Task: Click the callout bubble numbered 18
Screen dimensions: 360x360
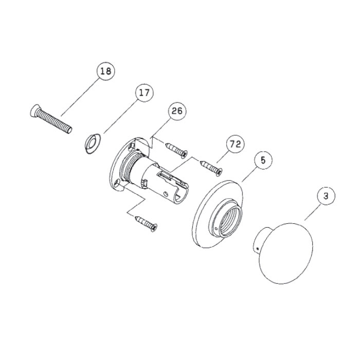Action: coord(106,71)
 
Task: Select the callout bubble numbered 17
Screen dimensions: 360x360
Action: coord(145,93)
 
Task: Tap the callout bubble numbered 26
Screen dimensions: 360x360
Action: coord(177,111)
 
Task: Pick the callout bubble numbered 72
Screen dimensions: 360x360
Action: coord(236,144)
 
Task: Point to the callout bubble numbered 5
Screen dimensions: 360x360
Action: coord(263,160)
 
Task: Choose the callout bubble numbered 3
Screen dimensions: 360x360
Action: coord(326,196)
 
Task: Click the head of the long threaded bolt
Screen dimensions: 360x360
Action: coord(34,111)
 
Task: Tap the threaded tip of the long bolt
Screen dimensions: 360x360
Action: coord(69,130)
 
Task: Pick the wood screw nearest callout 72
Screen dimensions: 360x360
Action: coord(211,168)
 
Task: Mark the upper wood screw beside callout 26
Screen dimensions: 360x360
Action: coord(176,150)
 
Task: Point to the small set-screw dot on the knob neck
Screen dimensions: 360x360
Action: coord(258,248)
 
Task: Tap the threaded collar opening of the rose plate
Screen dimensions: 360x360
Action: coord(231,221)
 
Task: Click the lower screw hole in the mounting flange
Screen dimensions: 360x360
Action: coord(118,183)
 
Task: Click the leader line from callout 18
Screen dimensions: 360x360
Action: coord(80,97)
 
